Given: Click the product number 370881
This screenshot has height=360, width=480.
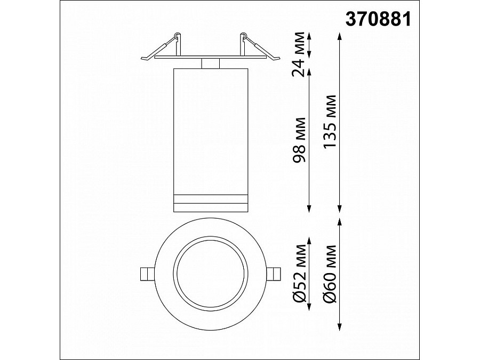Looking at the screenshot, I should (x=379, y=20).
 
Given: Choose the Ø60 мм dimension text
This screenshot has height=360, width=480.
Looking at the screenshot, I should (x=330, y=273).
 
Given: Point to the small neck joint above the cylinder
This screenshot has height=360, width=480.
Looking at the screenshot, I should (x=210, y=64).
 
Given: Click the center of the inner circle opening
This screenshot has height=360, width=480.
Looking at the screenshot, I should (x=210, y=274).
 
